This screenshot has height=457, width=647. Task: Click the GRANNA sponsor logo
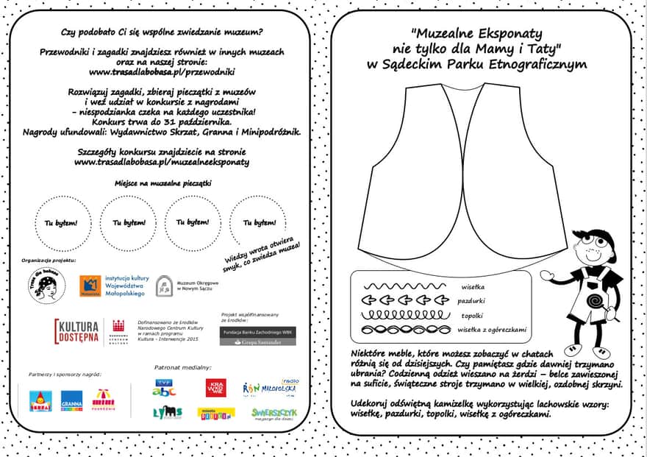pyautogui.click(x=71, y=400)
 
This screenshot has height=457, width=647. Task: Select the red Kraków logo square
pyautogui.click(x=215, y=387)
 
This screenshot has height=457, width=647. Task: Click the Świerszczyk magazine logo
pyautogui.click(x=274, y=414)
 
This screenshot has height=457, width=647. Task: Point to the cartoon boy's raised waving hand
pyautogui.click(x=547, y=275)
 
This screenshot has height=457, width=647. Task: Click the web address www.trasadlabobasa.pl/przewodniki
pyautogui.click(x=162, y=72)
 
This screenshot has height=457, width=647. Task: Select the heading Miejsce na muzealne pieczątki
pyautogui.click(x=162, y=182)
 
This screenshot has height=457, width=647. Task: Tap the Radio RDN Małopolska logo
pyautogui.click(x=271, y=387)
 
